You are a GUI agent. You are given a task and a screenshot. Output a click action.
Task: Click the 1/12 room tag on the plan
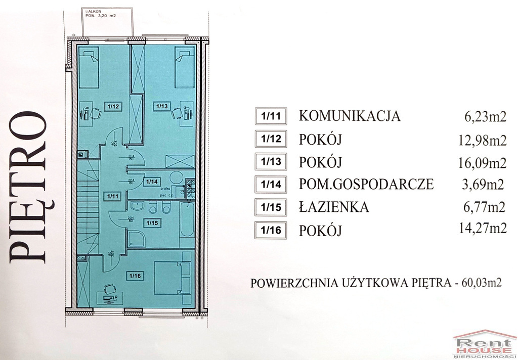click(113, 106)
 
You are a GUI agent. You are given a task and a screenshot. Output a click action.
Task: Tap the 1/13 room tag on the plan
click(162, 106)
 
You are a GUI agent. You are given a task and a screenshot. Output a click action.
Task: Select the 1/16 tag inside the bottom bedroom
click(134, 276)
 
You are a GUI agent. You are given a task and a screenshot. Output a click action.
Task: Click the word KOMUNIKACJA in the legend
click(350, 116)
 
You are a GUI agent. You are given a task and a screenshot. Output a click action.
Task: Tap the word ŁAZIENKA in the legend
click(334, 207)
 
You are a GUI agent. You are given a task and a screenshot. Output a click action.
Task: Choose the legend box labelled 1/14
click(271, 184)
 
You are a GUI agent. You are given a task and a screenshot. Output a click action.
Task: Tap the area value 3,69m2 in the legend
click(485, 185)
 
